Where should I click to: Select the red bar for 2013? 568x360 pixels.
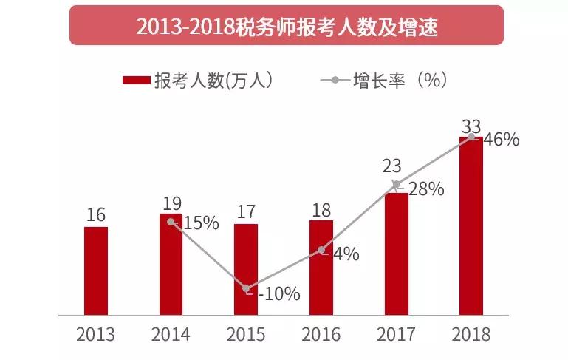click(x=96, y=271)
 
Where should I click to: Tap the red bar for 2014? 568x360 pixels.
click(x=171, y=264)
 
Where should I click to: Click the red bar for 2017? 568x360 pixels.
click(x=396, y=254)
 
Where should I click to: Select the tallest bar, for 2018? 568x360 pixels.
click(x=471, y=225)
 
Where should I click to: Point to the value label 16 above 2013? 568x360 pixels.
click(x=96, y=215)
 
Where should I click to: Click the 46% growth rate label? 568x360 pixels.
click(x=502, y=140)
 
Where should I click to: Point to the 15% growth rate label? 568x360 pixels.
click(x=201, y=223)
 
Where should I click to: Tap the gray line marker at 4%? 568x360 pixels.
click(x=321, y=251)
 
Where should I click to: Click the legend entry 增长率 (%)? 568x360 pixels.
click(x=384, y=81)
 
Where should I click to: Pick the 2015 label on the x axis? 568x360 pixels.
click(x=246, y=335)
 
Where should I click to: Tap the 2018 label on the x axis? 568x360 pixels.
click(x=471, y=335)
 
